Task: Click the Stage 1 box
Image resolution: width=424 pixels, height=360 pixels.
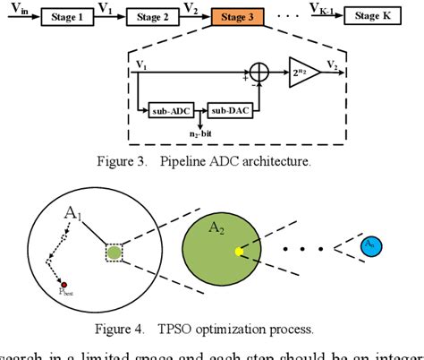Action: [x=66, y=16]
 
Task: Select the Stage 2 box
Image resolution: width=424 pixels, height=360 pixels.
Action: [x=151, y=16]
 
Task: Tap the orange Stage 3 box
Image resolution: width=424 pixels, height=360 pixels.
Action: [x=237, y=16]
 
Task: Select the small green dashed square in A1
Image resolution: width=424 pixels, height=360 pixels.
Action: [x=114, y=253]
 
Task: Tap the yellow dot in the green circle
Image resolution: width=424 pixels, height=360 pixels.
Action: [x=239, y=253]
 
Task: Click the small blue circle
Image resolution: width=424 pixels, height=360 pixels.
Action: [x=370, y=244]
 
